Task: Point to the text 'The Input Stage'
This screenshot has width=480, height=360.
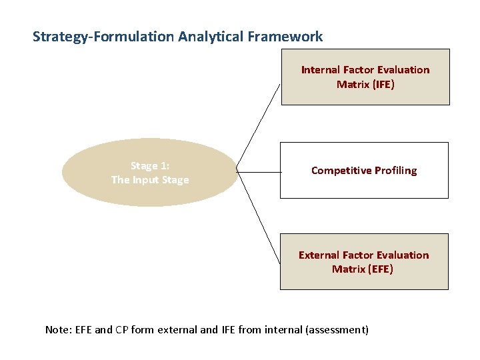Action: [150, 180]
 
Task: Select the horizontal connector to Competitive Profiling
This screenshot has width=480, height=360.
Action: [259, 172]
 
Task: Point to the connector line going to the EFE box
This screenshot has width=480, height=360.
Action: [259, 217]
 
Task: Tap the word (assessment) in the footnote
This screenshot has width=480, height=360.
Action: [337, 329]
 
